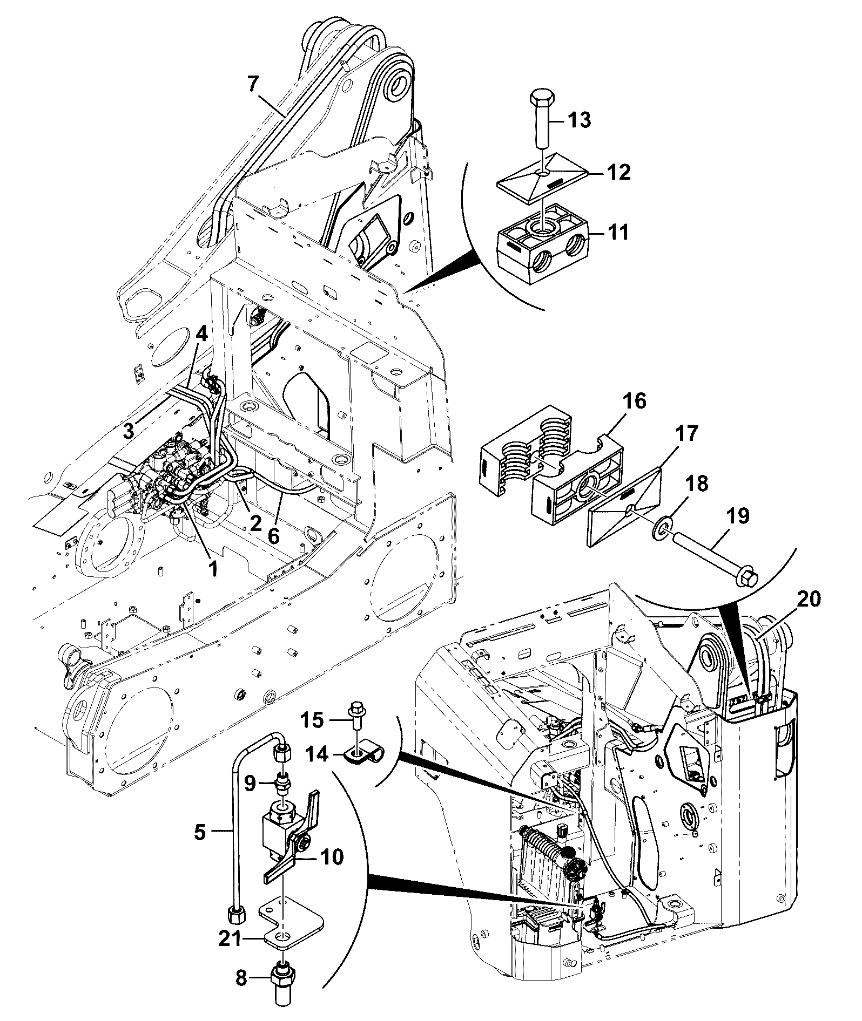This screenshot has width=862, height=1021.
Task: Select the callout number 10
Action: click(332, 856)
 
